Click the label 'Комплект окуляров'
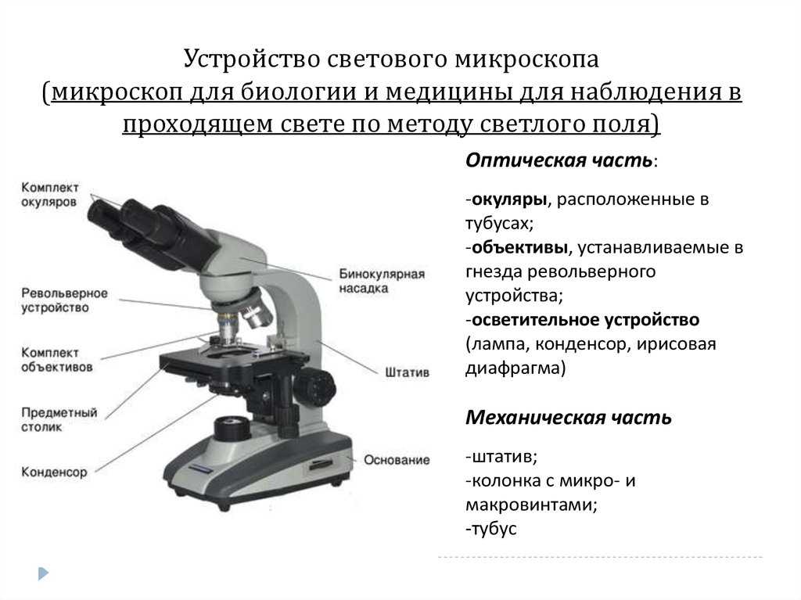point(49,195)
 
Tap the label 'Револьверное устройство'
point(64,300)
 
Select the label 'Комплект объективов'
point(56,360)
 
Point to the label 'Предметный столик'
point(59,419)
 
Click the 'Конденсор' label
point(54,472)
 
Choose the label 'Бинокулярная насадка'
point(382,281)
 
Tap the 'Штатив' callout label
point(407,372)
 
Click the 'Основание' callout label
point(397,460)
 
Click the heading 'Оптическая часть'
point(559,160)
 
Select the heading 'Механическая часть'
point(568,418)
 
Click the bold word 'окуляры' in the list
point(508,199)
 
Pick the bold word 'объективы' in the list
point(519,247)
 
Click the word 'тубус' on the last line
point(494,529)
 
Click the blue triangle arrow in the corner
point(44,573)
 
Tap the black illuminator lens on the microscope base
point(232,428)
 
